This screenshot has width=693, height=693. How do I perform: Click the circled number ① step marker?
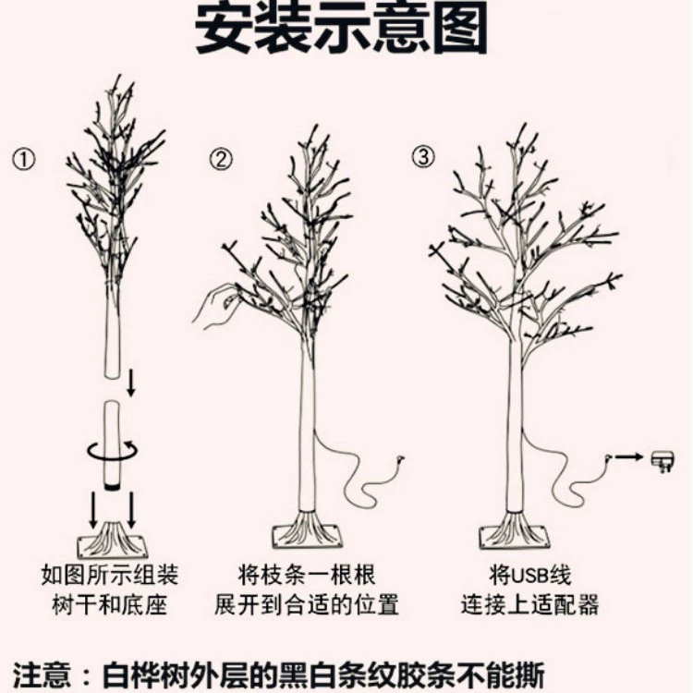point(24,160)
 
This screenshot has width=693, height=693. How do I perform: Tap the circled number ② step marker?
point(221,160)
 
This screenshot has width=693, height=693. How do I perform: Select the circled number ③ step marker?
point(423,156)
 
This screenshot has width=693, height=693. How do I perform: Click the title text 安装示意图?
point(341,28)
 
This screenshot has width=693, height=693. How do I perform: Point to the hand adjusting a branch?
point(215,306)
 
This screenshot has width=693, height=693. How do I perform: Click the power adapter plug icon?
point(663,461)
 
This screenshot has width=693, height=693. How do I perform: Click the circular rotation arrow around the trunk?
point(112,452)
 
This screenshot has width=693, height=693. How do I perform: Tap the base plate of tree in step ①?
point(112,541)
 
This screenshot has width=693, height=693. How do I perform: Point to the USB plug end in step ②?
point(400,458)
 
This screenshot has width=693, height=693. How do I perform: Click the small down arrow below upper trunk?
point(131,383)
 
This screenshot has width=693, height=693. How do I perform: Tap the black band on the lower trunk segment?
point(112,487)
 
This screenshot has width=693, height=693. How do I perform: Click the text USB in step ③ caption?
point(529,575)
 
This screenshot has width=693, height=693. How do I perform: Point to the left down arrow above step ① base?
point(92,509)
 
